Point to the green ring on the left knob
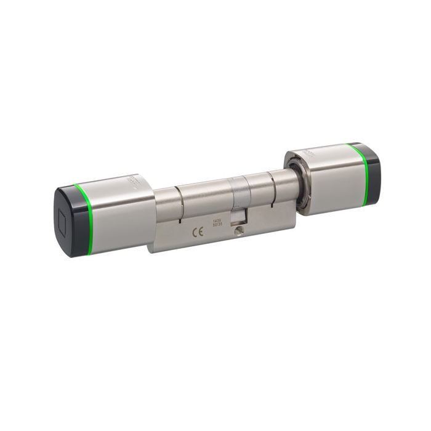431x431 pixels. tap(87, 219)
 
